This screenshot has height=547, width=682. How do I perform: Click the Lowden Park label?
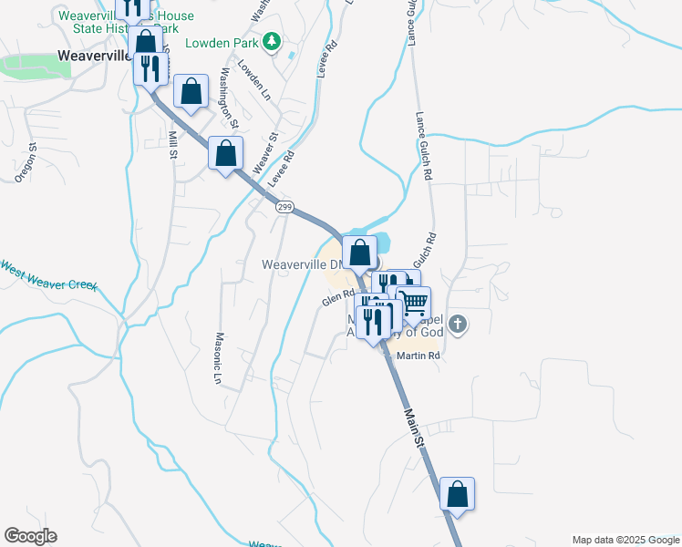[x=222, y=43]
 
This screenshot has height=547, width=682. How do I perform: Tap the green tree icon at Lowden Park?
[x=271, y=42]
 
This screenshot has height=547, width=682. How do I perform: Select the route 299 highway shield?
[x=284, y=208]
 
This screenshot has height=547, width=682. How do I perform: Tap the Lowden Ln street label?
[x=253, y=80]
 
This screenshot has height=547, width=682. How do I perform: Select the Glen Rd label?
[x=336, y=297]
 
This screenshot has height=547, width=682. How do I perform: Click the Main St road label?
[x=415, y=427]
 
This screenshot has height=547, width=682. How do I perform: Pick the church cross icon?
[x=458, y=323]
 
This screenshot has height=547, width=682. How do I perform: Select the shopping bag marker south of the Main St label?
[x=458, y=494]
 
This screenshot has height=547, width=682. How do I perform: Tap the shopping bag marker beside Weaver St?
[x=225, y=152]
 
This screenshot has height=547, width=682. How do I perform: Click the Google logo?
[x=30, y=536]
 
